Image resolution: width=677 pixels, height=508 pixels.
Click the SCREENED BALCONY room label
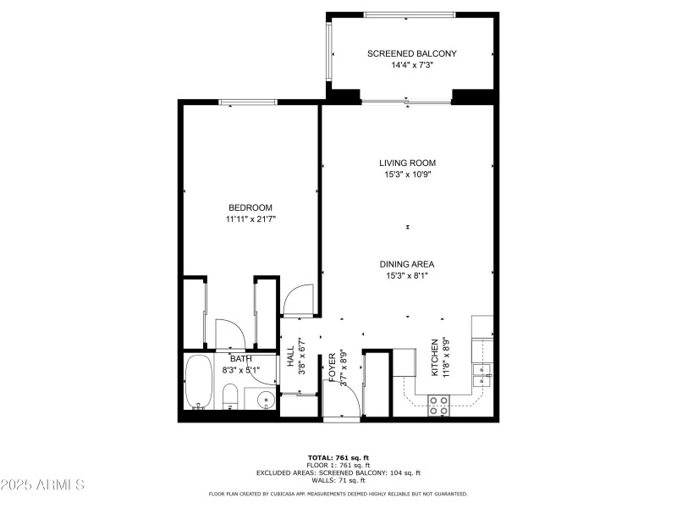click(411, 53)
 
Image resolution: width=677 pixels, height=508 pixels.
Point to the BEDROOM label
click(250, 208)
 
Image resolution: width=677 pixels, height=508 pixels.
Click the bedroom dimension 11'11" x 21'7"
click(250, 219)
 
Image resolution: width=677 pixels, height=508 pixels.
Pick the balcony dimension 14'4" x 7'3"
click(411, 65)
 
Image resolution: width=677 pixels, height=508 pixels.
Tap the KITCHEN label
click(435, 356)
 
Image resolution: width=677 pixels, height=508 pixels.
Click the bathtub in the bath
click(200, 382)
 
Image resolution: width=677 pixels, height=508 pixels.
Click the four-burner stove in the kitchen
click(439, 405)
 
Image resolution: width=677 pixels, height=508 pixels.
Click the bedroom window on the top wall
click(250, 102)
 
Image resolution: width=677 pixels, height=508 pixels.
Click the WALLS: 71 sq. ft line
click(338, 480)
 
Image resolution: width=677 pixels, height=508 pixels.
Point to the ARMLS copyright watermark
click(43, 485)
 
